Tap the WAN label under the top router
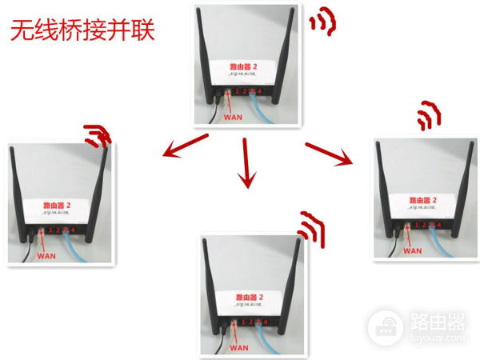(x=232, y=117)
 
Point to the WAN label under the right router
(x=412, y=250)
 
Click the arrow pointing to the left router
(x=185, y=148)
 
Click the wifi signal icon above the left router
(x=98, y=136)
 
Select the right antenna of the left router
(x=99, y=192)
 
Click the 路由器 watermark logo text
(x=438, y=322)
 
